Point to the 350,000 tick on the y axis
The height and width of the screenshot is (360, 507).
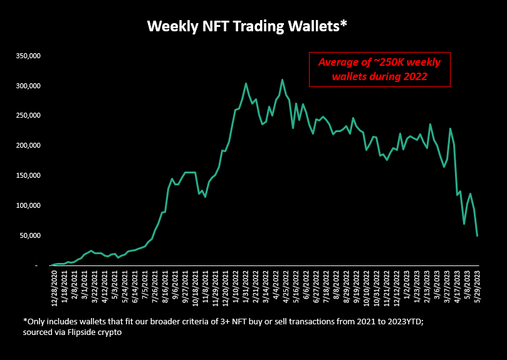[x=28, y=56]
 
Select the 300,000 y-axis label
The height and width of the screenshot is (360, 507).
[x=28, y=86]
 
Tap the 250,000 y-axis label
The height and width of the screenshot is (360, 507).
[x=28, y=116]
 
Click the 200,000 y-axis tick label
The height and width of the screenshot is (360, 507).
[x=28, y=145]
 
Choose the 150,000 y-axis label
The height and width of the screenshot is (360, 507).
[x=28, y=175]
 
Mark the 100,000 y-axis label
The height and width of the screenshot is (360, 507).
[x=28, y=205]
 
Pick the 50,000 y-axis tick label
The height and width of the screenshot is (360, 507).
[x=29, y=235]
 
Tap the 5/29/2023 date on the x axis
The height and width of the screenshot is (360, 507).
[x=478, y=289]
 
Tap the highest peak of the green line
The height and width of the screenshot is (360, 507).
[x=283, y=80]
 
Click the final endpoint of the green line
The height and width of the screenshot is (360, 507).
[x=478, y=235]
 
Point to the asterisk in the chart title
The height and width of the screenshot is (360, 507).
[x=343, y=24]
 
